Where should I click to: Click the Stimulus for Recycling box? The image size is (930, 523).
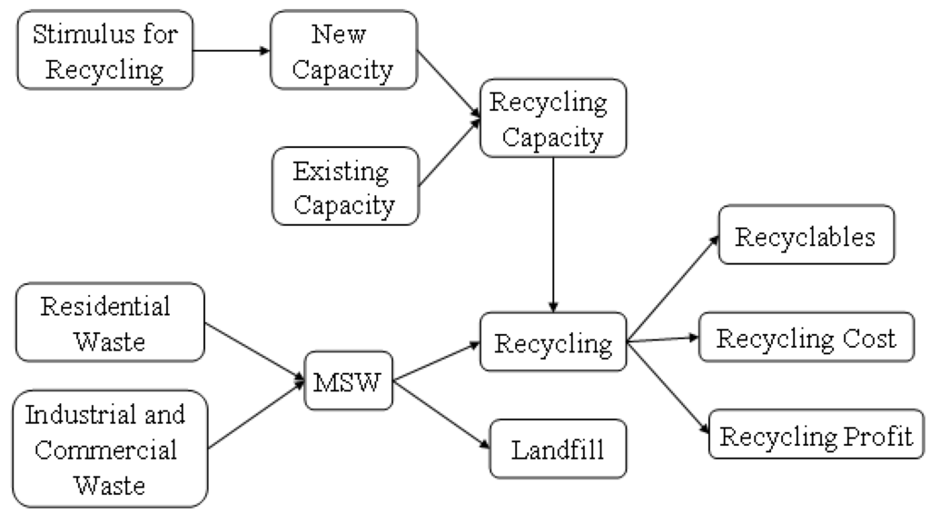[104, 52]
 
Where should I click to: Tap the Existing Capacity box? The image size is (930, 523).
[346, 187]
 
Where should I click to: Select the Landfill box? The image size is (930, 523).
[558, 448]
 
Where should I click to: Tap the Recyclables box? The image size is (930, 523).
[805, 235]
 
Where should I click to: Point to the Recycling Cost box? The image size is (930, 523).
[805, 339]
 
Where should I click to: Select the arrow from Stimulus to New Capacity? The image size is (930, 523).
[233, 51]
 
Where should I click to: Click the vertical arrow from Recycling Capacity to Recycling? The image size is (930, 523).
[554, 232]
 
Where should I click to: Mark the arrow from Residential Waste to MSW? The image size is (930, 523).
[258, 350]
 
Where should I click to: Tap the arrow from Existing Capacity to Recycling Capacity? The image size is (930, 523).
[450, 153]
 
